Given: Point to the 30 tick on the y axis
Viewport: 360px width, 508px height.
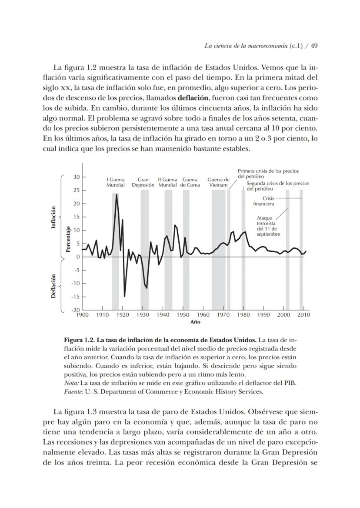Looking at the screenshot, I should tap(76, 177).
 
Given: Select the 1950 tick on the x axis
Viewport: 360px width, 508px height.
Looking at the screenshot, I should tap(183, 314).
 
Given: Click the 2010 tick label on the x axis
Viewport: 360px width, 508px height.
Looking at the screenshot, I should tap(303, 314).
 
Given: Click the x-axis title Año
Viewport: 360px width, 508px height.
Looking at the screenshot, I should tap(195, 322).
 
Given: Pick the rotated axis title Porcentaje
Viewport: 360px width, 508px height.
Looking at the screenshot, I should tap(68, 240).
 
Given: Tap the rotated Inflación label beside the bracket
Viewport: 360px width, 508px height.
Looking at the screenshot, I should tap(53, 217).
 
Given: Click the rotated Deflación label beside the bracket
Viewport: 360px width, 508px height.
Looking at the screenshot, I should tap(53, 286).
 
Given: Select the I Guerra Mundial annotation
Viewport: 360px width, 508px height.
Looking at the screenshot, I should tap(116, 182).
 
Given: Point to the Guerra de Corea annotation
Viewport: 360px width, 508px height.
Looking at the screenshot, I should tap(190, 182).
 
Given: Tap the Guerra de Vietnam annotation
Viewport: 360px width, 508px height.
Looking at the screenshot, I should tap(218, 182).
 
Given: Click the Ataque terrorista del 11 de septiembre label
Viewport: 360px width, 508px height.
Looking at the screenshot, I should tap(267, 226).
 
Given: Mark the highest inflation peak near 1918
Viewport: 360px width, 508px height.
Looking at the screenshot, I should tap(117, 194).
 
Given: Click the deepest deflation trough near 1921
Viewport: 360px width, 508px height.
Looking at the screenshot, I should tap(124, 296).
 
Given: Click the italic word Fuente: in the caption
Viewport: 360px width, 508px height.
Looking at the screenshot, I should tap(71, 391).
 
